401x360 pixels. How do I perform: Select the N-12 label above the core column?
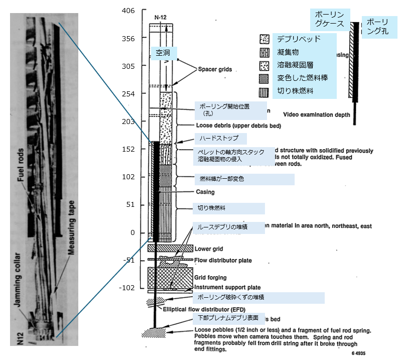tap(161, 17)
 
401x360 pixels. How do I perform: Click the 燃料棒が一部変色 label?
tap(244, 179)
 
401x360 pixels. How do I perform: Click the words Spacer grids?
tap(215, 70)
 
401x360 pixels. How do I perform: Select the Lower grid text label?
tap(209, 249)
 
